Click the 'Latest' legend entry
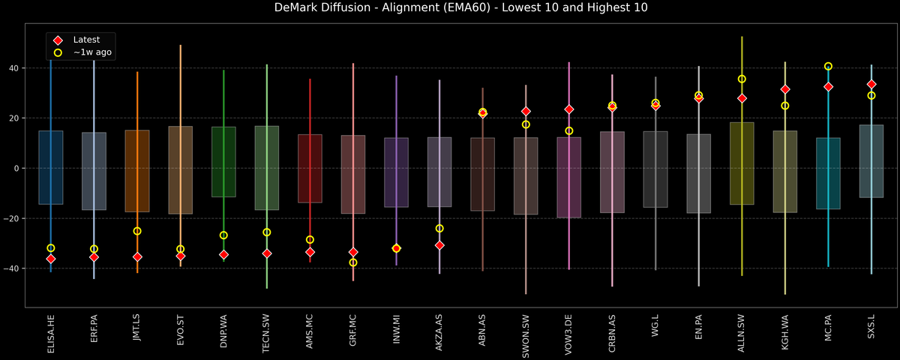86,40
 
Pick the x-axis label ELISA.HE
51,333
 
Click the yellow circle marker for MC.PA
828,67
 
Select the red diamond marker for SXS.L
871,85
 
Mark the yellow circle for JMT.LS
137,231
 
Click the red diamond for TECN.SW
267,253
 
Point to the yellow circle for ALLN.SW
742,79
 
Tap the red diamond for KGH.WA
785,89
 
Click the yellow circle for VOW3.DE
569,131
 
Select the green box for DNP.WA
223,162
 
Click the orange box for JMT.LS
137,171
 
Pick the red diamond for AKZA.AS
439,245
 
